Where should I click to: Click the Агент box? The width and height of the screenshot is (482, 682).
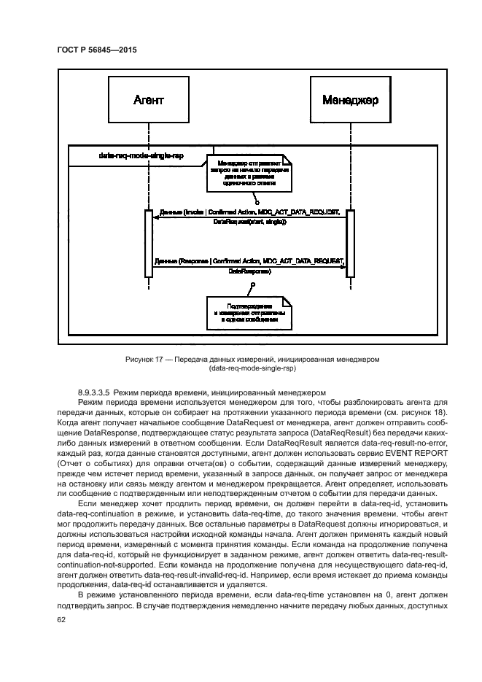[x=149, y=99]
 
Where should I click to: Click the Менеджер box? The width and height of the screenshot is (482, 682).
[x=351, y=99]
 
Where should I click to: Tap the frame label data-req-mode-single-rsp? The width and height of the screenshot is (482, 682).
[x=131, y=155]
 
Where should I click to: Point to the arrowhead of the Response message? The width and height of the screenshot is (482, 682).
[x=343, y=266]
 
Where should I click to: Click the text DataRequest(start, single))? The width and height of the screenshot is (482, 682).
[x=249, y=222]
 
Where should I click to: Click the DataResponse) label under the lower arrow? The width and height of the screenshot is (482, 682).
[x=249, y=271]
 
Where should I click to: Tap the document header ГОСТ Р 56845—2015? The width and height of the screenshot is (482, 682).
[x=96, y=50]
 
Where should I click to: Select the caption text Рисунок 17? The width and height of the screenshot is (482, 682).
[x=145, y=359]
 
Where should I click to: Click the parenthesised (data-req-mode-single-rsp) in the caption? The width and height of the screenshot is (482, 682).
[x=249, y=368]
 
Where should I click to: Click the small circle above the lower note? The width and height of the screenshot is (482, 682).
[x=252, y=283]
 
